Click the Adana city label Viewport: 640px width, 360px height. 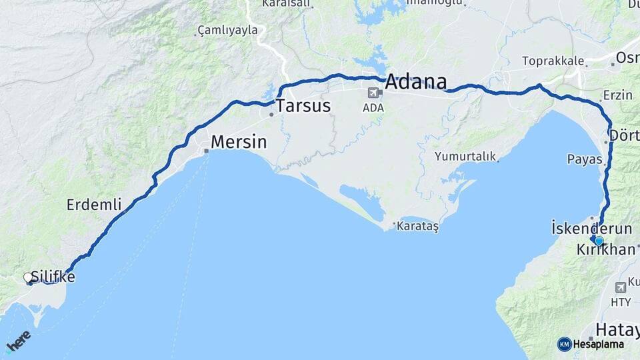click(x=415, y=82)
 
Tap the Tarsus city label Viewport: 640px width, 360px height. click(x=303, y=105)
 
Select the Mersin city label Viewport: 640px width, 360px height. click(x=239, y=142)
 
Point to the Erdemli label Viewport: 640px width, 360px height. click(x=94, y=205)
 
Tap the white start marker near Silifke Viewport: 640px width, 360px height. click(x=28, y=277)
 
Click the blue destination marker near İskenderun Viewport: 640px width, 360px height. click(x=599, y=241)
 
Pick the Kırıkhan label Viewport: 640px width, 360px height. click(x=607, y=250)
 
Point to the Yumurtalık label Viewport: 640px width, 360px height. click(x=465, y=157)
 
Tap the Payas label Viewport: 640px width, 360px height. click(x=584, y=159)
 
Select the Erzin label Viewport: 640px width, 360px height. click(x=617, y=95)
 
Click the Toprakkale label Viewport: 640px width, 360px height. click(x=553, y=61)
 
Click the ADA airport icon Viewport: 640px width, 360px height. click(x=373, y=93)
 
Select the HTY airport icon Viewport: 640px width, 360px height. click(x=621, y=287)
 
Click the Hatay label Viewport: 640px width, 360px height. click(x=617, y=329)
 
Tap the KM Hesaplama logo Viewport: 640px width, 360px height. click(x=591, y=344)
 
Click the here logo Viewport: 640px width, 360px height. click(x=18, y=342)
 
